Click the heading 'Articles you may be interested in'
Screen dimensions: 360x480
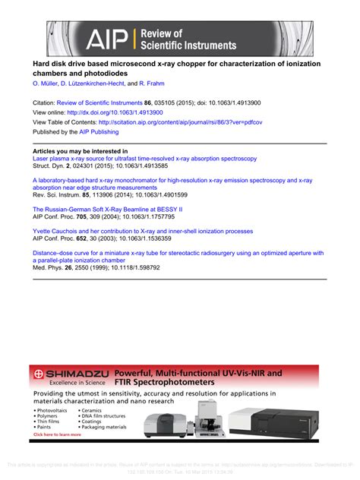[x=80, y=151]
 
